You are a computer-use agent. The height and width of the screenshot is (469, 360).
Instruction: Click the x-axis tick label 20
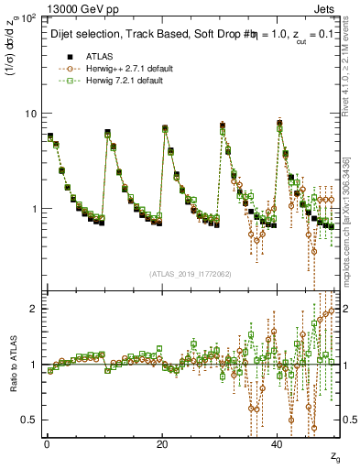tap(162, 444)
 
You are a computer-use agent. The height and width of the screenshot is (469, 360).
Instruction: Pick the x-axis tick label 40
tap(278, 444)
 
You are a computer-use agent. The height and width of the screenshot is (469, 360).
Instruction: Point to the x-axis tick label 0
tap(47, 444)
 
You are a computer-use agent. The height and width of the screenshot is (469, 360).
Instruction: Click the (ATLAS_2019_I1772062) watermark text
tap(191, 274)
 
